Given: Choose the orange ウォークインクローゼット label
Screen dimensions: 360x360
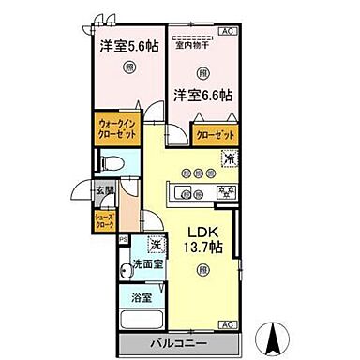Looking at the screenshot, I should coord(118,128).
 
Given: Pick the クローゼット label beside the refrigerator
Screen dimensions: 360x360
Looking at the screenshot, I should coord(215,135).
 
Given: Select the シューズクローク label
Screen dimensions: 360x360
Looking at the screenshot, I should coord(103,221).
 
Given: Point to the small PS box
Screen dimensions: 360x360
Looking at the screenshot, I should coord(122,238).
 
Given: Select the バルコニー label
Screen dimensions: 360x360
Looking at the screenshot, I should coord(178,342).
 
